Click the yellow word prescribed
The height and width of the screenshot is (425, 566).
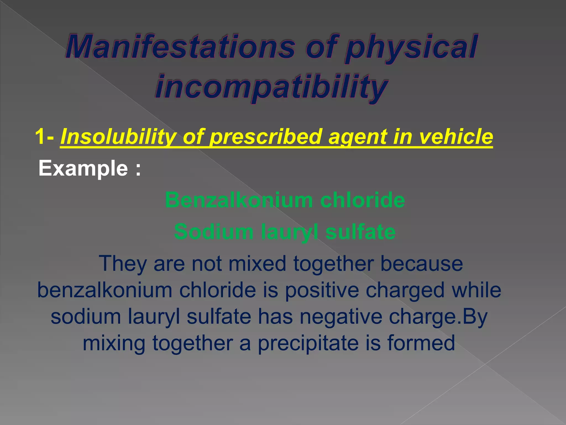pyautogui.click(x=266, y=137)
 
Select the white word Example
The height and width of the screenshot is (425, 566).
pyautogui.click(x=83, y=168)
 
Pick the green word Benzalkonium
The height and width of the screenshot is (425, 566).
pyautogui.click(x=239, y=200)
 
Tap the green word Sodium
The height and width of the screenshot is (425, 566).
pyautogui.click(x=213, y=232)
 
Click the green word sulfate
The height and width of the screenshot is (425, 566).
pyautogui.click(x=360, y=232)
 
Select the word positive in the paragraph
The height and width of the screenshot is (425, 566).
pyautogui.click(x=322, y=290)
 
